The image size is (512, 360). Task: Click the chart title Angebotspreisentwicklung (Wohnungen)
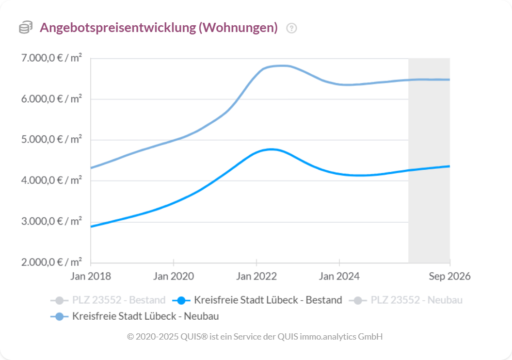[159, 28]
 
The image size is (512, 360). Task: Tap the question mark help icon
[291, 28]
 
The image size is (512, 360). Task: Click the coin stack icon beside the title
[26, 28]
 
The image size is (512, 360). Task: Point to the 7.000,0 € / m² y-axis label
[51, 58]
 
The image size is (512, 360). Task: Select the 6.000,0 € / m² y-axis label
[51, 99]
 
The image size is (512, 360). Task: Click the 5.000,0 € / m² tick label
[51, 140]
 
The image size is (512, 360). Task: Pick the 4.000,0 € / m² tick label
[51, 181]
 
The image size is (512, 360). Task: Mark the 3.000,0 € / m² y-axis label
[51, 222]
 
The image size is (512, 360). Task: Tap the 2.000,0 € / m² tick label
[51, 262]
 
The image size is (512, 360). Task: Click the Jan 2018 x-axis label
[91, 277]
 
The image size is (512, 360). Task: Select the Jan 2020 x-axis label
[174, 277]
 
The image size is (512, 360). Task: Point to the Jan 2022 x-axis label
[256, 277]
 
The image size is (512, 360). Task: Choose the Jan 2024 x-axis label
[339, 277]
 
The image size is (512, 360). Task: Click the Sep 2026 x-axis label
[449, 277]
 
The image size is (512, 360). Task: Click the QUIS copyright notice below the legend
[255, 336]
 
